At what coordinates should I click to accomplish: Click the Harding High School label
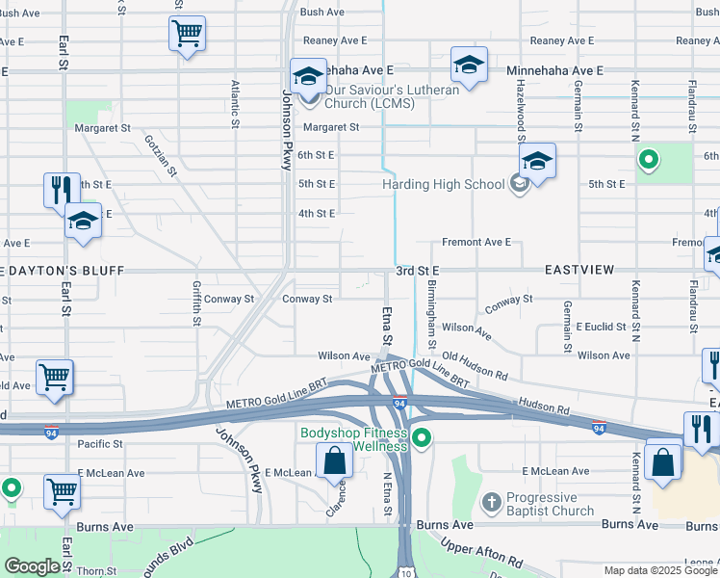(443, 183)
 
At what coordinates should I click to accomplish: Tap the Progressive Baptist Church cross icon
(491, 502)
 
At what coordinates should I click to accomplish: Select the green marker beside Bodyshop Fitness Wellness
(421, 440)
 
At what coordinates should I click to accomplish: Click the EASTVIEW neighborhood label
(579, 271)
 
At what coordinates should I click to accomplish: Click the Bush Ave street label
(321, 13)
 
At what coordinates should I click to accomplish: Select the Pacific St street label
(100, 444)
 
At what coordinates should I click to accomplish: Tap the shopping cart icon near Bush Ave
(187, 34)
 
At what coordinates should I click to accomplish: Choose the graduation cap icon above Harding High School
(537, 161)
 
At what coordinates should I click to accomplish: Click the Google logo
(32, 566)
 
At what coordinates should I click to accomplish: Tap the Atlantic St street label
(235, 104)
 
